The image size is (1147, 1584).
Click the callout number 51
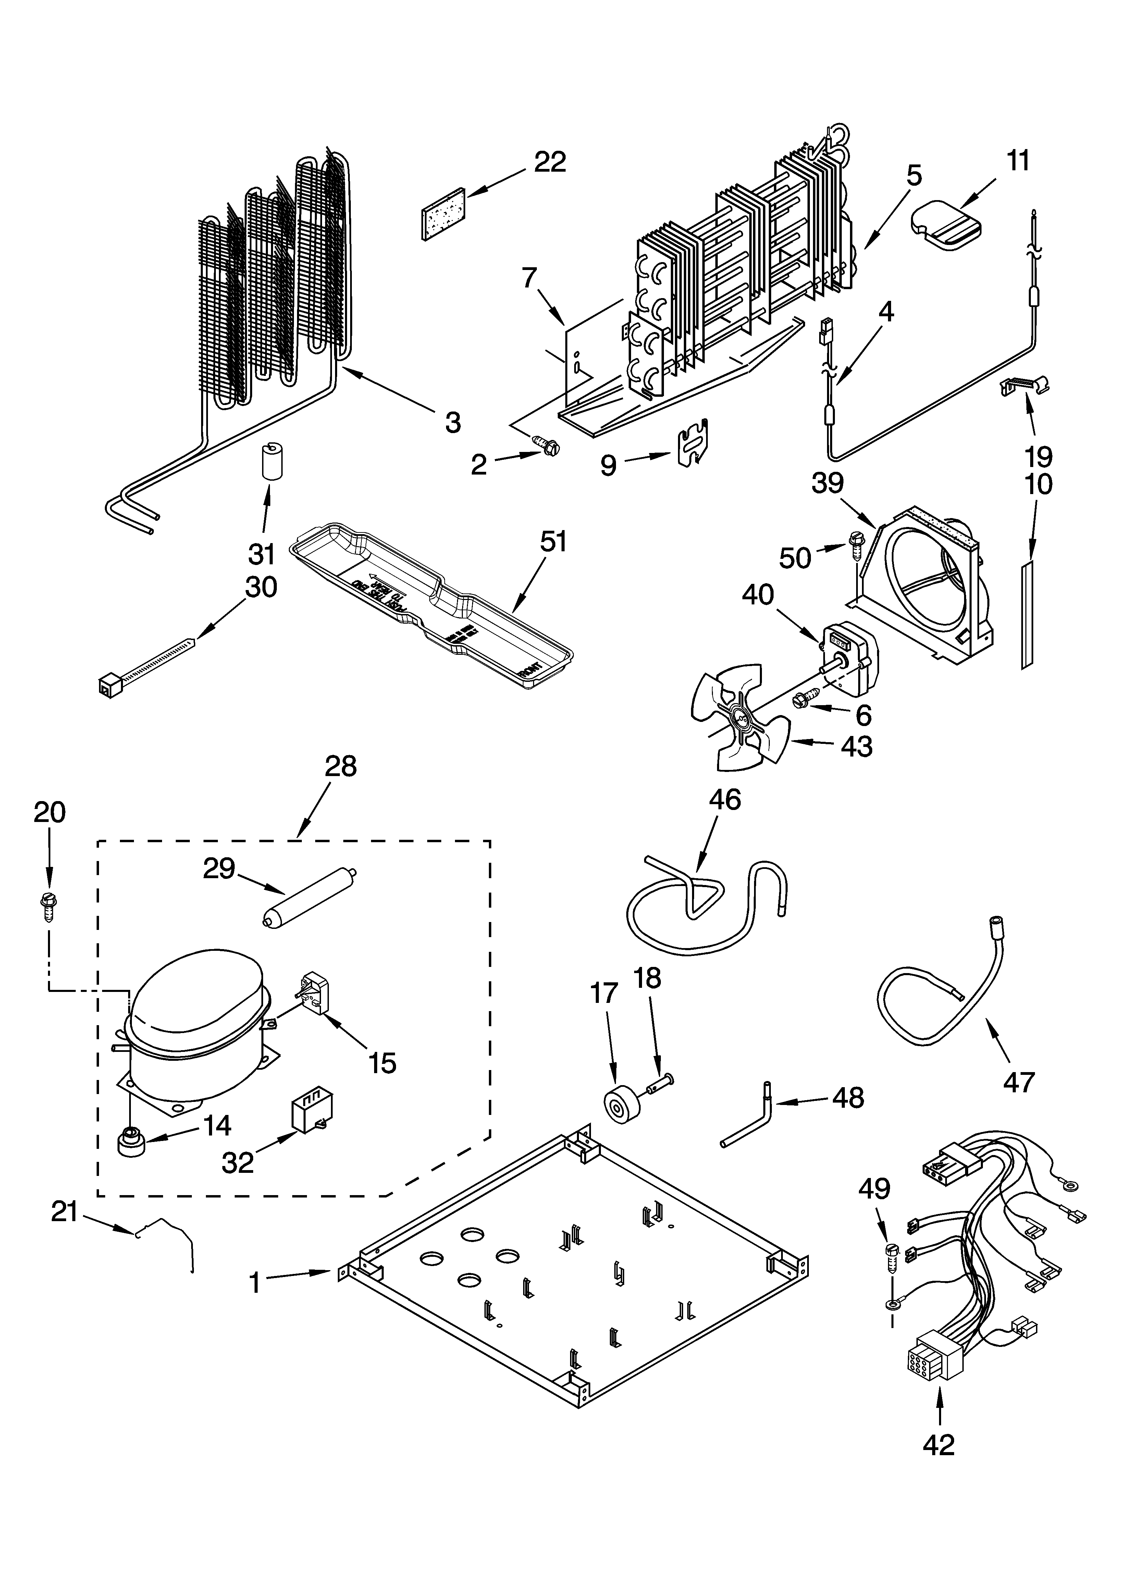click(553, 542)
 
